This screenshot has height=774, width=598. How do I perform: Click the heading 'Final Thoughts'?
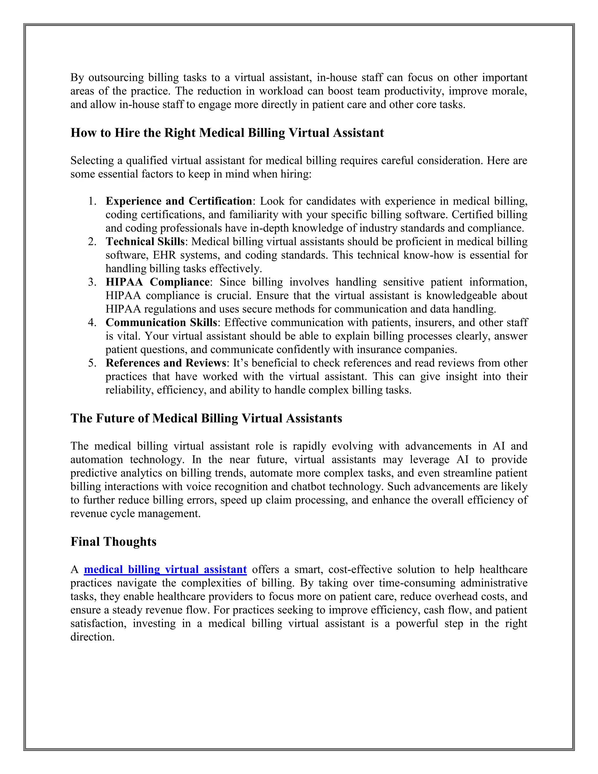tap(113, 542)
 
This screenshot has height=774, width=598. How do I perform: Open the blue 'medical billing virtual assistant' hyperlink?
tap(165, 570)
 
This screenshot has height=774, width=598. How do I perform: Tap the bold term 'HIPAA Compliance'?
tap(158, 282)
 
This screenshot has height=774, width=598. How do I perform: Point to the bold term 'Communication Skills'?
tap(161, 322)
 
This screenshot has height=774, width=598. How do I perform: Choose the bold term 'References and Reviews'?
tap(166, 363)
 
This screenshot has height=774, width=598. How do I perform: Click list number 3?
tap(92, 282)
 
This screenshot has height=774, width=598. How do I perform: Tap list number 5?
tap(92, 363)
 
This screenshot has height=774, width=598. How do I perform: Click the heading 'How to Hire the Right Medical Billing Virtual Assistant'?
tap(227, 133)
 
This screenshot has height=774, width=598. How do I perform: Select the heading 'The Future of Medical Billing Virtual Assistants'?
tap(206, 418)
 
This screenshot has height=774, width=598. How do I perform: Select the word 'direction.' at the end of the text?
tap(93, 637)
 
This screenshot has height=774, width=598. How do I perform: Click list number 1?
tap(92, 201)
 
